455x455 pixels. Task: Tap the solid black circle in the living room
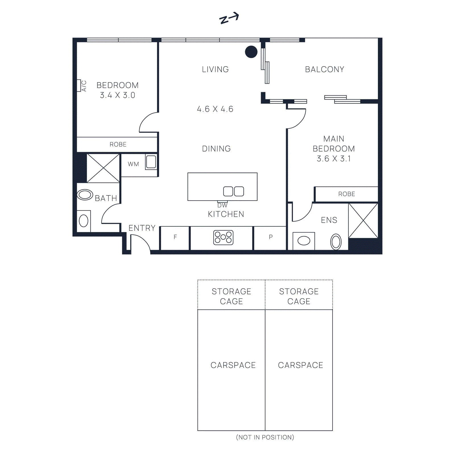[251, 52]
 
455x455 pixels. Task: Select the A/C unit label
[84, 86]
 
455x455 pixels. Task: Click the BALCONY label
[324, 69]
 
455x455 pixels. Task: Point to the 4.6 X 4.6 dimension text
[215, 109]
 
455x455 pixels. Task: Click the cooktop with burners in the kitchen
[223, 237]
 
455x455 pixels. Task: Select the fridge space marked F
[175, 237]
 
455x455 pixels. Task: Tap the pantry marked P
[270, 237]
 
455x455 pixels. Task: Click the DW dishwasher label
[222, 205]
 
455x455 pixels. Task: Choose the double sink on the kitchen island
[233, 191]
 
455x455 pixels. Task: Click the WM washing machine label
[133, 164]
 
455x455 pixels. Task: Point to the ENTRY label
[142, 228]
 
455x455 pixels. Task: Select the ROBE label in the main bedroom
[346, 194]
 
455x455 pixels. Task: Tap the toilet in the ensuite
[336, 242]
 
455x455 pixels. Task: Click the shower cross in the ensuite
[363, 221]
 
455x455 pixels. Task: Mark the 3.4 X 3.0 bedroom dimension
[117, 95]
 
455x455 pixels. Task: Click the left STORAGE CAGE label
[231, 296]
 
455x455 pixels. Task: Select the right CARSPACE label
[300, 365]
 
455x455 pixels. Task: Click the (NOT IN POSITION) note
[265, 437]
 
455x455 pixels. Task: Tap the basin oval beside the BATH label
[85, 195]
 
